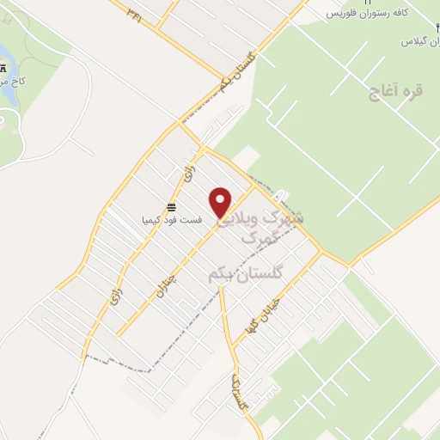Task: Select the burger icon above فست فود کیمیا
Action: coord(172,206)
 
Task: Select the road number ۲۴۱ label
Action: coord(136,13)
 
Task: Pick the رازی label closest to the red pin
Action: coord(189,174)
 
